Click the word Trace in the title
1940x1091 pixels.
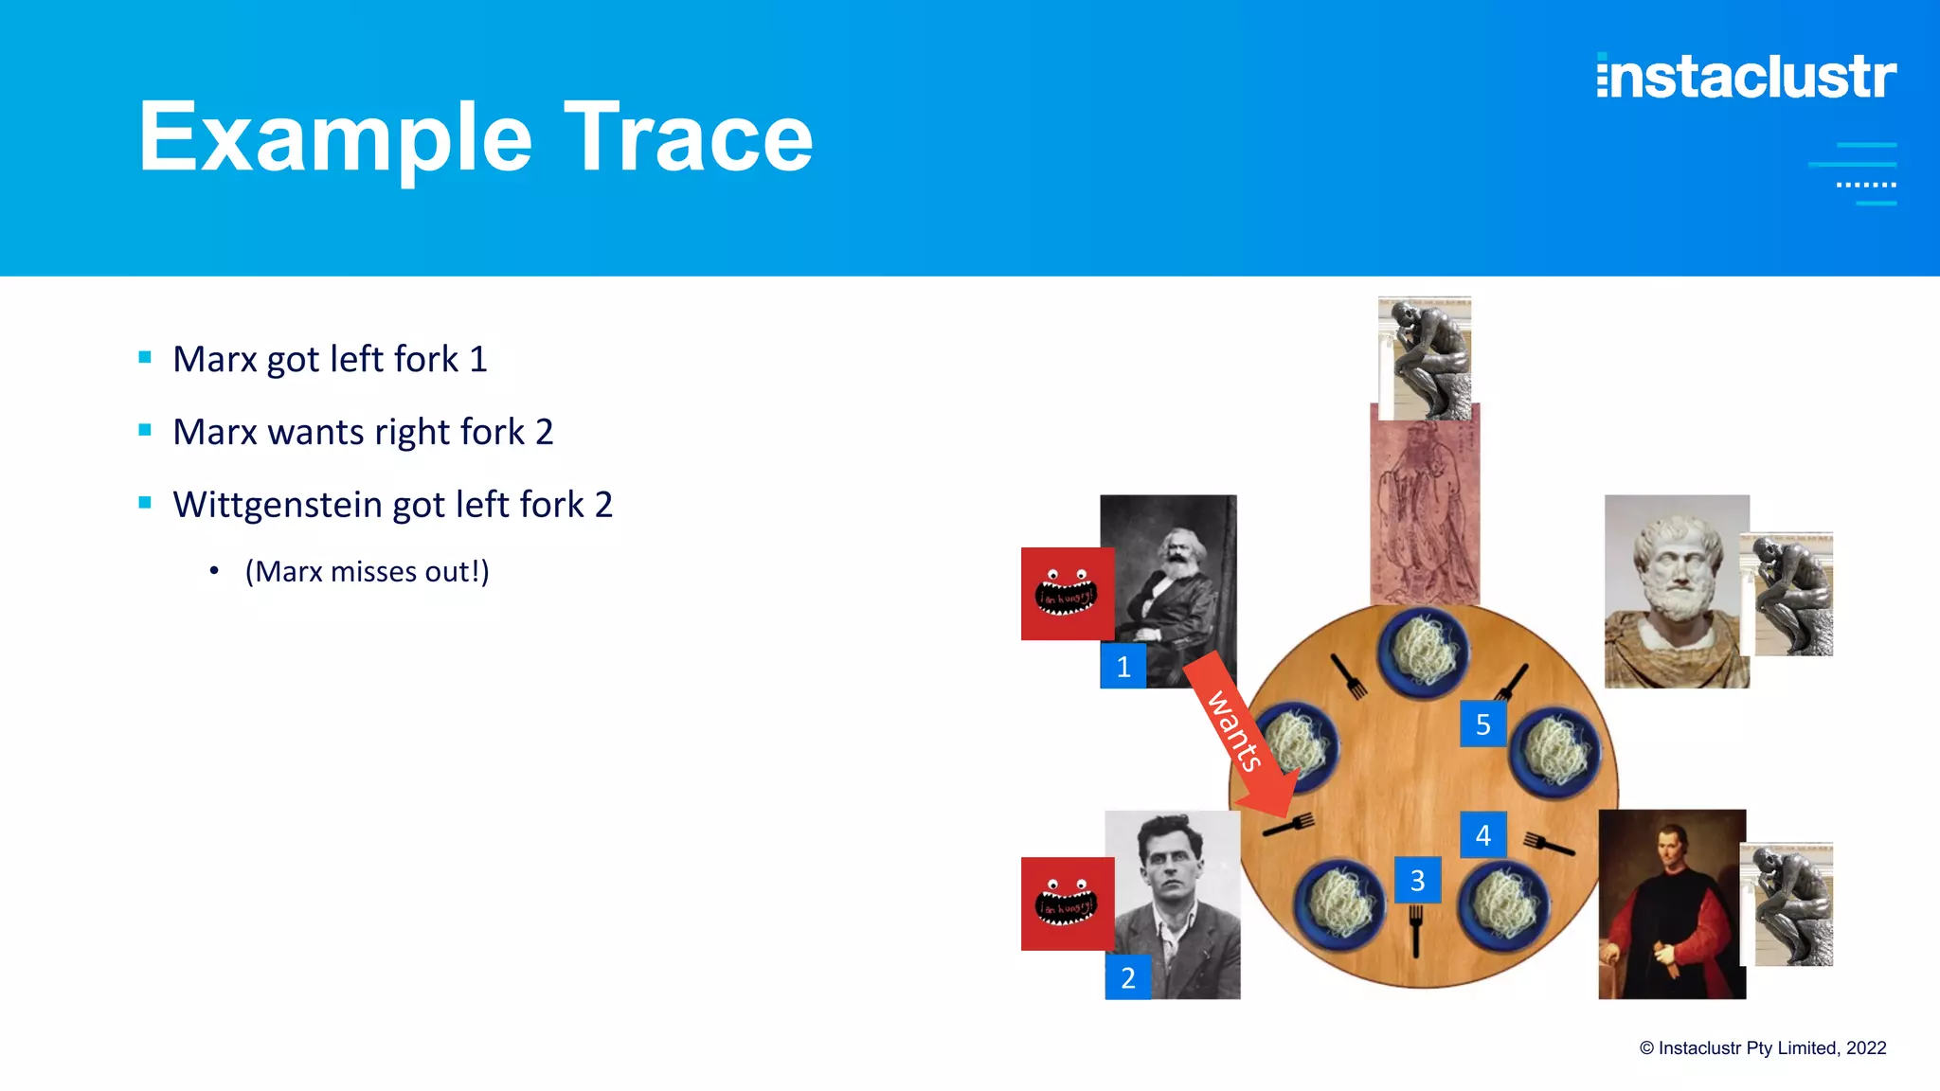[x=689, y=138]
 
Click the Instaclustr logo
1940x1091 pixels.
[x=1746, y=77]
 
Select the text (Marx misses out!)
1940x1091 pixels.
[x=367, y=572]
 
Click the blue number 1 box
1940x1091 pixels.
[x=1123, y=667]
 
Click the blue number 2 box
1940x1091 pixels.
[x=1127, y=977]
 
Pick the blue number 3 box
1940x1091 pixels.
[x=1417, y=881]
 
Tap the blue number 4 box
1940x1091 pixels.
[x=1482, y=835]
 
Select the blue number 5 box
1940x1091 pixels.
[x=1482, y=724]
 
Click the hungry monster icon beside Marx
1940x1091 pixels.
[x=1067, y=594]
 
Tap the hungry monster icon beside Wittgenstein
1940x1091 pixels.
[x=1067, y=903]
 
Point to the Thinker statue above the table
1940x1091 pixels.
[x=1424, y=358]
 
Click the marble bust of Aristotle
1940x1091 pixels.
[x=1675, y=592]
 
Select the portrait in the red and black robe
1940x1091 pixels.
[x=1671, y=904]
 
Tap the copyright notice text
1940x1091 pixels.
[x=1762, y=1048]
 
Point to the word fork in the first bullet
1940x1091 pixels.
[x=427, y=360]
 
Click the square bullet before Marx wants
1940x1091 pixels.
[x=145, y=431]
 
